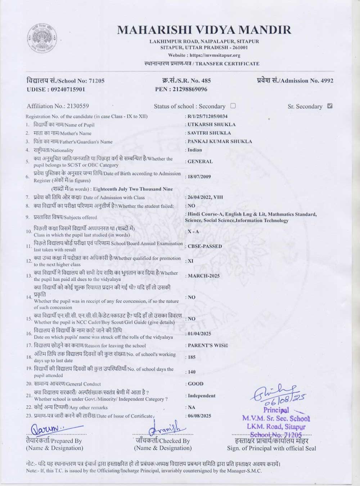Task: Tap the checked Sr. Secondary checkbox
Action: point(330,106)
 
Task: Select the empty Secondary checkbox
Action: point(233,106)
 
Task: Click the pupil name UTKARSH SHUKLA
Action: point(212,125)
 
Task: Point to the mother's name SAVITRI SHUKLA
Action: point(209,133)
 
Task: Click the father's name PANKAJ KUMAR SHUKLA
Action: point(220,141)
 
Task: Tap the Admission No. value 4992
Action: point(327,81)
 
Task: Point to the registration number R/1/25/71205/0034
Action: point(207,116)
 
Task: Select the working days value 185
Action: point(192,357)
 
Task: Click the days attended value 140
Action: point(192,372)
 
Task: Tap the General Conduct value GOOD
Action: point(195,384)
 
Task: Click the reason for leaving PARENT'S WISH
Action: point(207,345)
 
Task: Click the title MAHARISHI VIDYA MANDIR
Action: point(204,30)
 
